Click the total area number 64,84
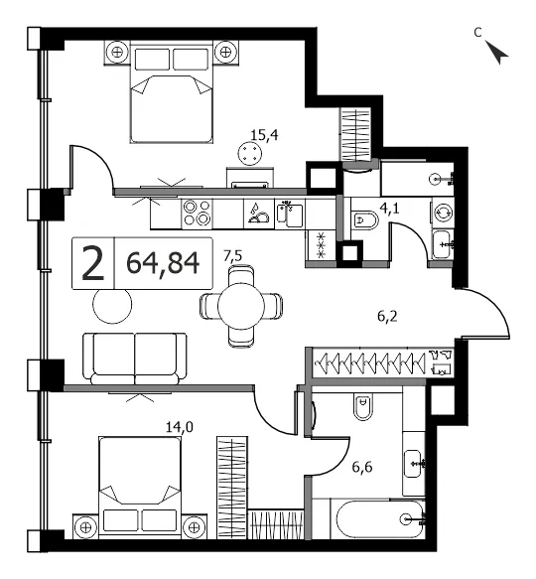[x=163, y=263]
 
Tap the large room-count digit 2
[x=92, y=263]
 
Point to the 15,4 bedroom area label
[x=264, y=135]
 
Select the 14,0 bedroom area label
[x=180, y=427]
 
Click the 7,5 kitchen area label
[x=233, y=256]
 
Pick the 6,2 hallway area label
[x=387, y=317]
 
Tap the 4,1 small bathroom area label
[x=389, y=210]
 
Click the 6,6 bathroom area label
[x=362, y=467]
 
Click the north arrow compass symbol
[x=496, y=52]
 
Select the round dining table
[x=241, y=306]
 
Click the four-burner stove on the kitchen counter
[x=198, y=214]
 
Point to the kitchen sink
[x=290, y=214]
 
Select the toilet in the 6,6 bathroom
[x=363, y=406]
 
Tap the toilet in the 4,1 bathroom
[x=365, y=220]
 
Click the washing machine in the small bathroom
[x=443, y=214]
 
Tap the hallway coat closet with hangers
[x=383, y=362]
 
